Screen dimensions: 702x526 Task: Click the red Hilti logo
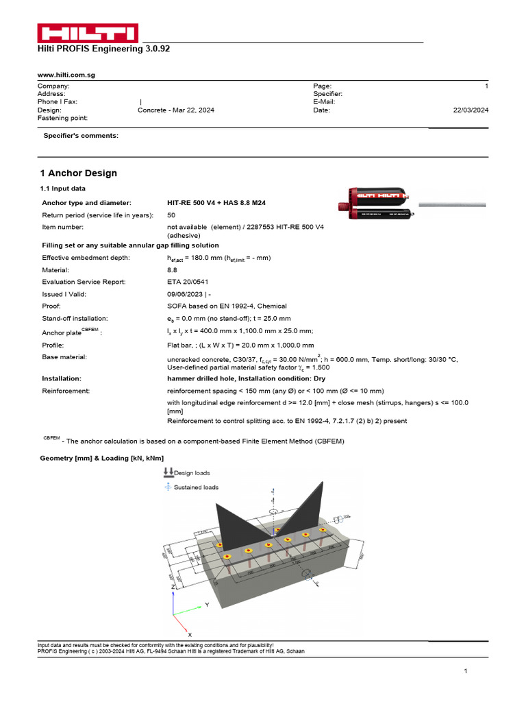[x=87, y=33]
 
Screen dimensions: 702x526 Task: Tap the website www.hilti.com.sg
[x=66, y=75]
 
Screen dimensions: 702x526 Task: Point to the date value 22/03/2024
[x=471, y=110]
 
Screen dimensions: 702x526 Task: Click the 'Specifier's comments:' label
[x=81, y=136]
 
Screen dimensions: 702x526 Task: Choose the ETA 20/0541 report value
[x=188, y=282]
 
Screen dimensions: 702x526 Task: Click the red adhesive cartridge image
[x=375, y=203]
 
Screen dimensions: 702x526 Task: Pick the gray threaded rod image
[x=451, y=204]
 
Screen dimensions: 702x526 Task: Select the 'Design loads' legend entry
[x=192, y=473]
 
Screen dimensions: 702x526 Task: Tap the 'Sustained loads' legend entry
[x=196, y=487]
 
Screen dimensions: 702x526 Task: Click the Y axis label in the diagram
[x=208, y=605]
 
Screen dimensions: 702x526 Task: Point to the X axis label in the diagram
[x=190, y=636]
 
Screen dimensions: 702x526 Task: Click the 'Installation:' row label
[x=62, y=378]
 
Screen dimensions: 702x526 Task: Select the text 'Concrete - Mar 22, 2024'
[x=175, y=110]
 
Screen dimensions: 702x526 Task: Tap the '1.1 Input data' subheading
[x=63, y=189]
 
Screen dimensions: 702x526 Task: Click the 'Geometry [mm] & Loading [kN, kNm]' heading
[x=102, y=457]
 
